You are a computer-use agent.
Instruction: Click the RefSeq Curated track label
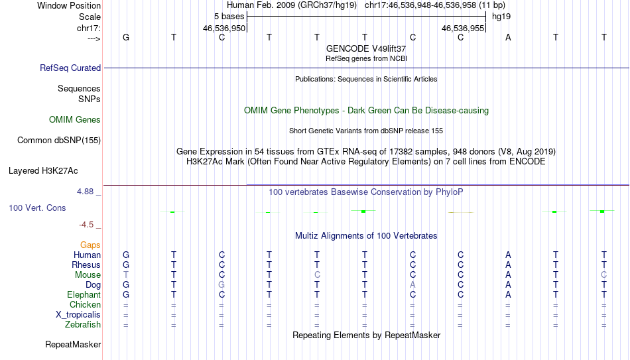70,68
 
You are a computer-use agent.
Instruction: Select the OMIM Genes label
75,120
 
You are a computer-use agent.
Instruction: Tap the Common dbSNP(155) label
59,141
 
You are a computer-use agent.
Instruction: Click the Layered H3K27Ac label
43,171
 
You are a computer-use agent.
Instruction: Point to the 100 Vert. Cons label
37,208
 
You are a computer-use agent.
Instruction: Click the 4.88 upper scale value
85,192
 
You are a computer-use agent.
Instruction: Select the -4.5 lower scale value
86,225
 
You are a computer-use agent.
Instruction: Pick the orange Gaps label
90,245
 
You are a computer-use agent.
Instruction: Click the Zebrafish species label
83,325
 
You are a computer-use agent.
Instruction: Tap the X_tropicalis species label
78,315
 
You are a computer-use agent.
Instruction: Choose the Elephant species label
84,295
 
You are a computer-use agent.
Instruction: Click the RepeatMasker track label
73,344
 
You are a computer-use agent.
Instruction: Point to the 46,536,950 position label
223,28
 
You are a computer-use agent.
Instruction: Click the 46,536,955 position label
463,28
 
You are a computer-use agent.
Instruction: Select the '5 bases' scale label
229,17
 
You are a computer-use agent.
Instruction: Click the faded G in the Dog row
221,285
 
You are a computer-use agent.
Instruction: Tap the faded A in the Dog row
412,285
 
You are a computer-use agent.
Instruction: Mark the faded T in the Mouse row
126,275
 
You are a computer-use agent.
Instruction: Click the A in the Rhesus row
508,265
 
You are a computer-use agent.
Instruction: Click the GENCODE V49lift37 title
366,48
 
